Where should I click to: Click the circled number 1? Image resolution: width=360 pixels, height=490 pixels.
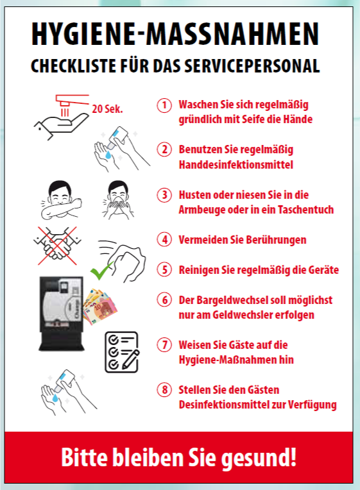click(x=164, y=105)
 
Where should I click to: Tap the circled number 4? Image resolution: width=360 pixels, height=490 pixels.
click(x=164, y=240)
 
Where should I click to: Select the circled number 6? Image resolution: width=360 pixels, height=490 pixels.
click(x=164, y=300)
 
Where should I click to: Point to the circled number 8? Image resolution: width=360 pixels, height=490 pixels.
click(x=164, y=390)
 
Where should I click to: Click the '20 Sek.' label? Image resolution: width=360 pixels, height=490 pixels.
click(x=107, y=109)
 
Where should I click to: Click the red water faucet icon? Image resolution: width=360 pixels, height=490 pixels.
click(x=72, y=104)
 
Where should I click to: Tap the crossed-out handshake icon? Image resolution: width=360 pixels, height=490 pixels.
click(x=57, y=246)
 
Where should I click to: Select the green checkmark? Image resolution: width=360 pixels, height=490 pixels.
click(x=101, y=271)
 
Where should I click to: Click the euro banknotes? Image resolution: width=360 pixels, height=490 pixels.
click(x=99, y=307)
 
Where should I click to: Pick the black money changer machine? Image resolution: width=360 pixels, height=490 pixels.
click(x=62, y=313)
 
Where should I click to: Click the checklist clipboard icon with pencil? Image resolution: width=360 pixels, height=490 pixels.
click(x=122, y=352)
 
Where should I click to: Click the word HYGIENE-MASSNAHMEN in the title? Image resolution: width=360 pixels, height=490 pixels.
click(x=175, y=34)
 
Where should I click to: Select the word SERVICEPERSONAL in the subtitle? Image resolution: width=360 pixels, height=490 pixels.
click(x=252, y=65)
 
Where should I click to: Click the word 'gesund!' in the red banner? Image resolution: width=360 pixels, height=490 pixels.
click(x=259, y=458)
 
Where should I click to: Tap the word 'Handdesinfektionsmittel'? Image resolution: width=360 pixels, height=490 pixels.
click(x=236, y=164)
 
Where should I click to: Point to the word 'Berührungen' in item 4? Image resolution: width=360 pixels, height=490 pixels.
click(x=276, y=240)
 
